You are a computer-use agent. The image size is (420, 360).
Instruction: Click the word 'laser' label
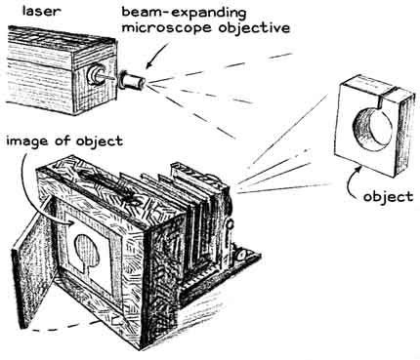click(x=40, y=11)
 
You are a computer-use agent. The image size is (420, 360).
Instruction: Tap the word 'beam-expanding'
click(x=184, y=13)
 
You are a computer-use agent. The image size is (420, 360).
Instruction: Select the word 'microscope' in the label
click(x=166, y=27)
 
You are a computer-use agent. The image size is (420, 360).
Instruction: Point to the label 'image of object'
click(x=64, y=140)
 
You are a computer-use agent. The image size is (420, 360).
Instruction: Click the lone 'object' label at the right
click(x=388, y=196)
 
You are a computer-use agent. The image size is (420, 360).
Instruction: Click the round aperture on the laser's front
click(x=97, y=74)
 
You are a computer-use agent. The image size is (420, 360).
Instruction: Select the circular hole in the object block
click(x=372, y=126)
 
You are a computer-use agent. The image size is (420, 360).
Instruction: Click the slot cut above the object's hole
click(x=380, y=100)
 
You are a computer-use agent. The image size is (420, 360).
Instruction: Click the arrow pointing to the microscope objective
click(x=157, y=56)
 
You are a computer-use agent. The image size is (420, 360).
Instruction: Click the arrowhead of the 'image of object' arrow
click(x=69, y=222)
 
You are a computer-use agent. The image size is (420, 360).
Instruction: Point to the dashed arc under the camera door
click(x=61, y=327)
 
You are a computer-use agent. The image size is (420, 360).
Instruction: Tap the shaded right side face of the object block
click(x=406, y=134)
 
